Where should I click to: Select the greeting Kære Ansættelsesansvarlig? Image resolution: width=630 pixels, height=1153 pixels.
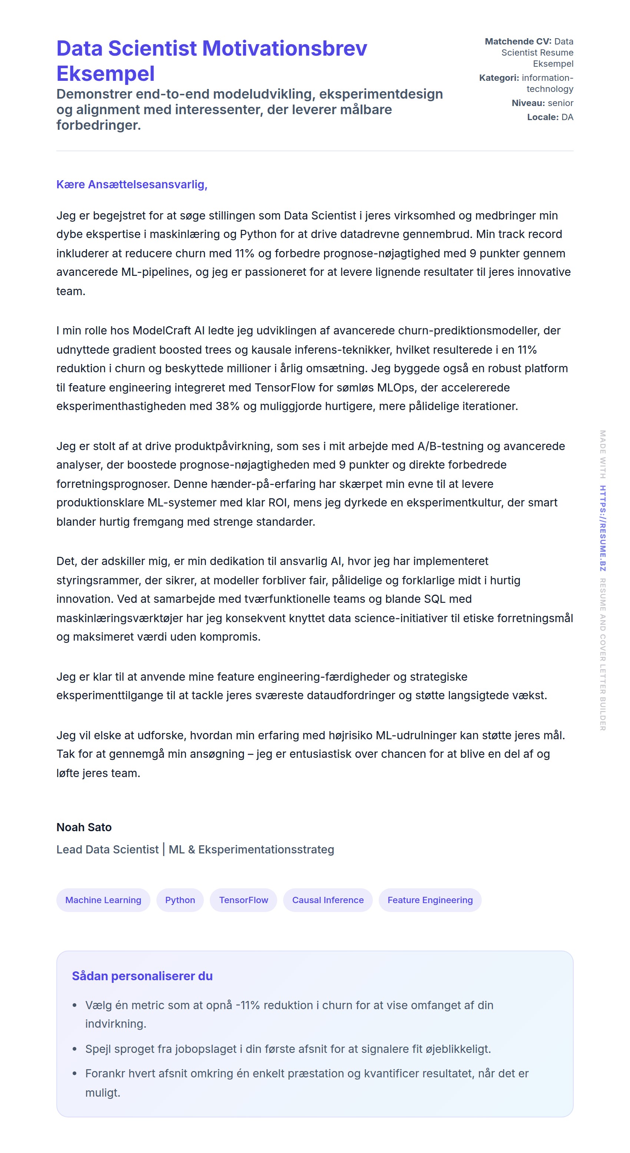coord(132,184)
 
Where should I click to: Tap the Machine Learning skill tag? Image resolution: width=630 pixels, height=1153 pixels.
coord(103,900)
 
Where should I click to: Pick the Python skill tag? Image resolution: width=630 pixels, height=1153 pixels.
coord(180,900)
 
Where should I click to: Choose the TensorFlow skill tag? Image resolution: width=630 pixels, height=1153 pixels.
coord(243,900)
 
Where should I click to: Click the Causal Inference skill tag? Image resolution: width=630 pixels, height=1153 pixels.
coord(328,900)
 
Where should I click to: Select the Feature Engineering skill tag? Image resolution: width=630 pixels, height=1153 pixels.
coord(430,900)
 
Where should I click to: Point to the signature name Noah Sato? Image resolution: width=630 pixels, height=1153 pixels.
coord(84,827)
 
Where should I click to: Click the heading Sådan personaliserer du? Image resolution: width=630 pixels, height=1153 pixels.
coord(142,976)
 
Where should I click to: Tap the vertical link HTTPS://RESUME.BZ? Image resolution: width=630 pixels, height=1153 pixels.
coord(603,528)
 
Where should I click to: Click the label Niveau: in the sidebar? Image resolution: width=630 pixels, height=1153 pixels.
coord(528,103)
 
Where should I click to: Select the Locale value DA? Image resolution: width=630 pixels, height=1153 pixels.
coord(567,117)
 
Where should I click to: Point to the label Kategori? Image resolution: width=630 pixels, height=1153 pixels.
coord(499,78)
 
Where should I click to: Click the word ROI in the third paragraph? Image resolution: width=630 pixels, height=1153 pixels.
coord(278,503)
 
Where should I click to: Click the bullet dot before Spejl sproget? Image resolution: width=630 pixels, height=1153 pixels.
coord(75,1049)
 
